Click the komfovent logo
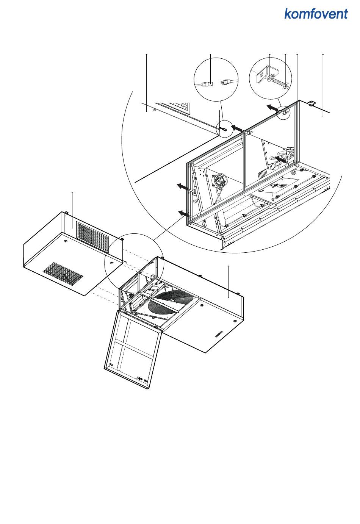(x=316, y=14)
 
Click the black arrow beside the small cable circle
(x=237, y=128)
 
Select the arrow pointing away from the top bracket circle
(x=272, y=108)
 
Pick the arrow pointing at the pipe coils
(x=281, y=160)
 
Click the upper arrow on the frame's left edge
(x=183, y=186)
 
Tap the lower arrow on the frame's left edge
(x=184, y=213)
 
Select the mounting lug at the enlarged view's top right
(x=311, y=104)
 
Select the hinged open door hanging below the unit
(x=133, y=348)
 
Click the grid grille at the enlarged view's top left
(x=179, y=107)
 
